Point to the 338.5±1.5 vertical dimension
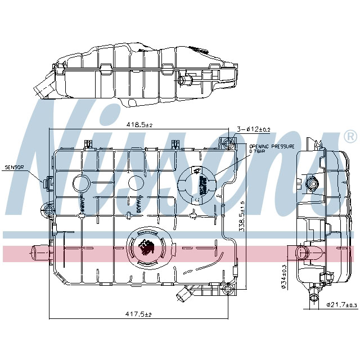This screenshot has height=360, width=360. (241, 217)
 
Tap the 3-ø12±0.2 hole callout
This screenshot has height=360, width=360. (253, 129)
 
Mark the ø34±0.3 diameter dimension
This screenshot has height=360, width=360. (284, 275)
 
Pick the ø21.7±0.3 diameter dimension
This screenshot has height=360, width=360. (342, 305)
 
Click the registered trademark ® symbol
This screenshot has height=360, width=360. (349, 137)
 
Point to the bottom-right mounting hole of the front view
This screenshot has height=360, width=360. (227, 290)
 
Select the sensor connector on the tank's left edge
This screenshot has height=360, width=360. (47, 182)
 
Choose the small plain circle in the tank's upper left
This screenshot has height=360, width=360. (81, 183)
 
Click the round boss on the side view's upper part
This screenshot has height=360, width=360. (312, 183)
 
